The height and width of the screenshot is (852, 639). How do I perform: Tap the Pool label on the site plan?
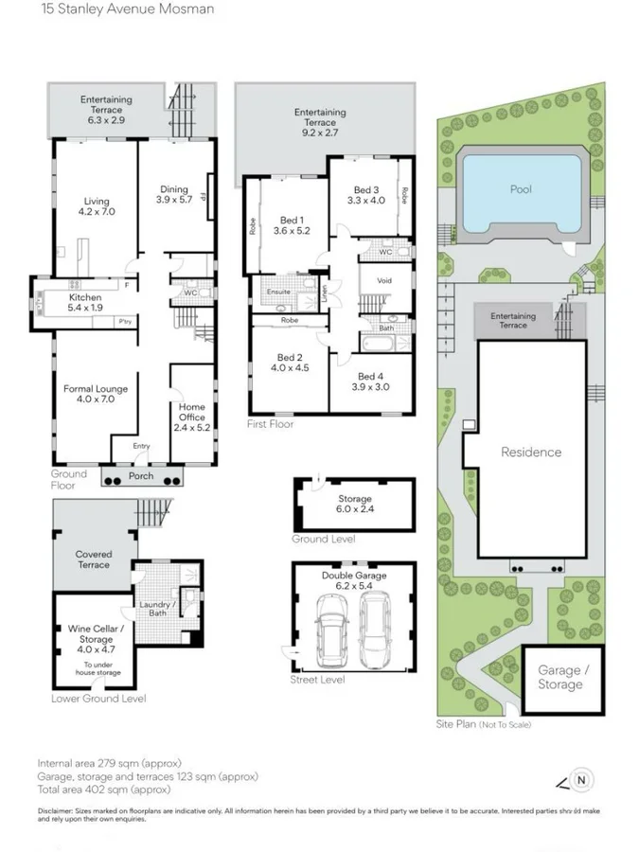520,189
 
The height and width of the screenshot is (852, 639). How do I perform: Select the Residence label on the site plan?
530,453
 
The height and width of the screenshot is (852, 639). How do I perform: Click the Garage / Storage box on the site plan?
559,678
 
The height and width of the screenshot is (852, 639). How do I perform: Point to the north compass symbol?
582,781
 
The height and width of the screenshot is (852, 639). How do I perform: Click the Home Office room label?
192,417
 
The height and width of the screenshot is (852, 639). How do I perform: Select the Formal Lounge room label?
95,395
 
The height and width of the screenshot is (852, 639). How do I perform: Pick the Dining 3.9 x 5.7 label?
173,194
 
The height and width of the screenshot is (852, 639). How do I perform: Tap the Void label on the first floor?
384,281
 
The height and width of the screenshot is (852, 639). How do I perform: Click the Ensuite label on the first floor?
276,293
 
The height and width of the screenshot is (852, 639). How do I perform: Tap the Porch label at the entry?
141,476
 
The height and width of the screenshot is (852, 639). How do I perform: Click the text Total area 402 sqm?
104,789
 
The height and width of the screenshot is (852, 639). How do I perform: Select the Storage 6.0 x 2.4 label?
355,505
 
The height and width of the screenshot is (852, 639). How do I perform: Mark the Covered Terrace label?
94,559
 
